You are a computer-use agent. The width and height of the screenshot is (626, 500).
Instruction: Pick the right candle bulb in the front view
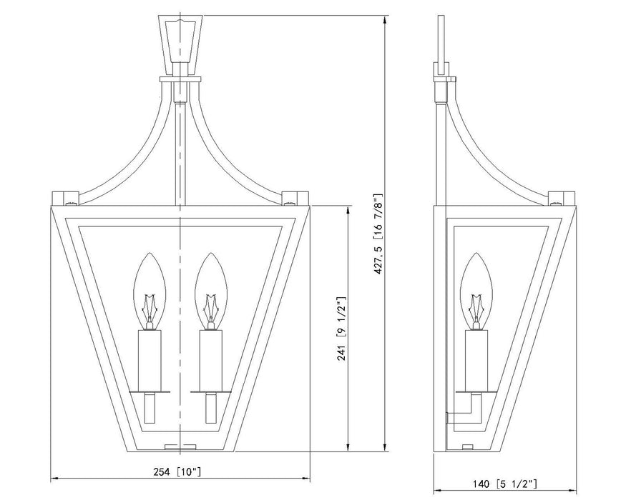(x=210, y=286)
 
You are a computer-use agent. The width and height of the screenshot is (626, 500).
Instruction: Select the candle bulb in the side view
(x=475, y=286)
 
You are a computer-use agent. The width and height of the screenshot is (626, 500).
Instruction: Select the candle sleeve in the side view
(x=475, y=360)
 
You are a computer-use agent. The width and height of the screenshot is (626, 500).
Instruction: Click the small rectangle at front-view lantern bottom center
(x=180, y=446)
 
